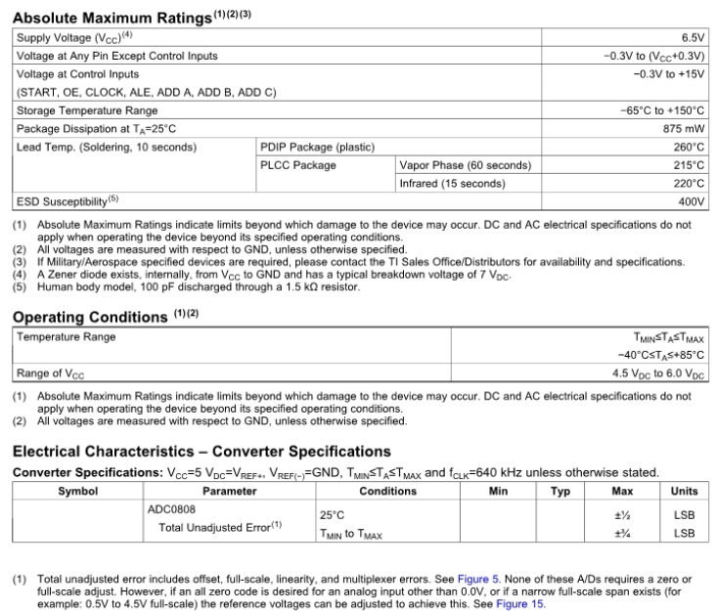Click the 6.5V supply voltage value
click(692, 36)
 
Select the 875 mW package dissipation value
click(684, 128)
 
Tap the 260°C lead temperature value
click(689, 147)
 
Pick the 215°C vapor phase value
click(689, 165)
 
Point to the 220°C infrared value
click(689, 183)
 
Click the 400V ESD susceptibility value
click(691, 201)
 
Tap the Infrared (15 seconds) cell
click(451, 183)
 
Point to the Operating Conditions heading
click(89, 317)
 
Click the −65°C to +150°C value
click(662, 110)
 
